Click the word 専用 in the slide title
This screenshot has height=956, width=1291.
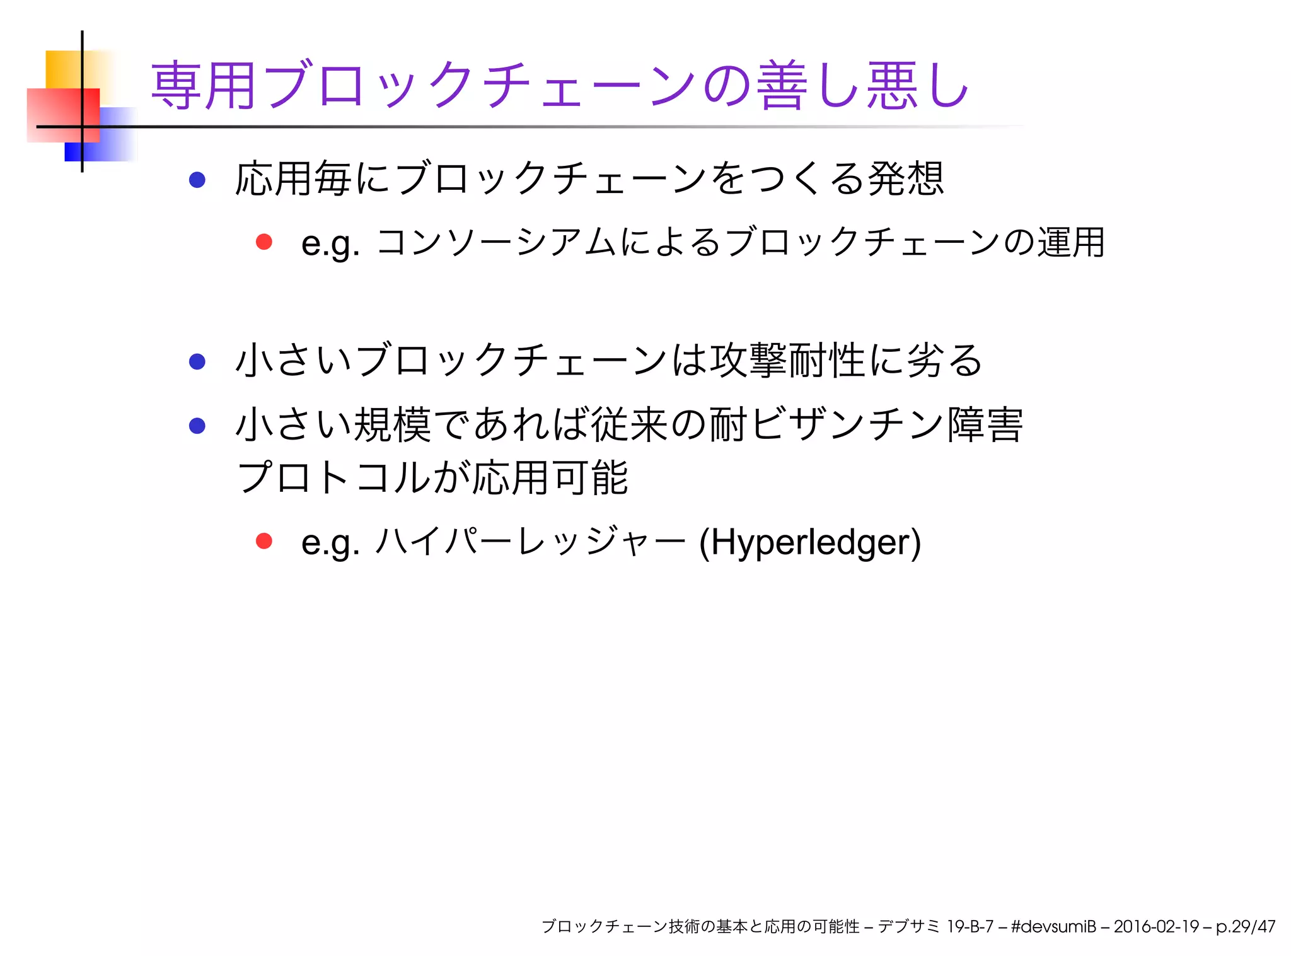click(203, 86)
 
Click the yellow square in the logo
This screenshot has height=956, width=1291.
click(63, 68)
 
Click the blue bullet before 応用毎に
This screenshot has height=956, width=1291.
click(197, 180)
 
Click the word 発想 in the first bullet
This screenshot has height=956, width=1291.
click(906, 179)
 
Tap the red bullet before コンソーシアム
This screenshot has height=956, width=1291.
click(263, 242)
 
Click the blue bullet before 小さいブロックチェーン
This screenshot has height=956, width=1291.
click(197, 361)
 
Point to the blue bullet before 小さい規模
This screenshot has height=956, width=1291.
click(197, 426)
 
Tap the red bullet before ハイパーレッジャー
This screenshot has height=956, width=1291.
click(263, 541)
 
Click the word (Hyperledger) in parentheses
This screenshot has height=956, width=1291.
click(810, 542)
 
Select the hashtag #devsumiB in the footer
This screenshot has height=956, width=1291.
click(1053, 926)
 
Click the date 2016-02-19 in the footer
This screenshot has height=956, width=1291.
click(1156, 926)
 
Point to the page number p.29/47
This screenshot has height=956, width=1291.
click(1245, 926)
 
